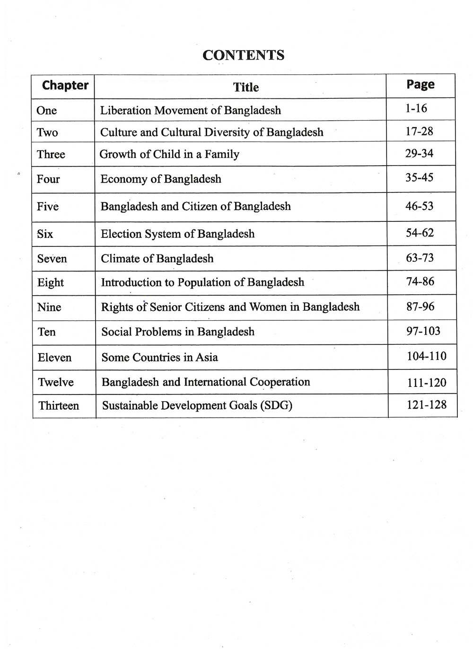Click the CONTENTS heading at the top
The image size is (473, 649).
click(243, 55)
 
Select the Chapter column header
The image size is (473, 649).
click(65, 86)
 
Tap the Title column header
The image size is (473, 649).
click(246, 87)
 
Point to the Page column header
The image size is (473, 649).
click(420, 85)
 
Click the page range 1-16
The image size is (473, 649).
click(416, 109)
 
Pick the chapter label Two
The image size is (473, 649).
click(47, 132)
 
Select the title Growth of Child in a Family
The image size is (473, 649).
click(169, 154)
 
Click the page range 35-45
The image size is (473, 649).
click(419, 178)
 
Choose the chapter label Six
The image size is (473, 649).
click(45, 234)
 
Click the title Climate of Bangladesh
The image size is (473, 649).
click(157, 259)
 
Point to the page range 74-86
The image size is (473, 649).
click(420, 282)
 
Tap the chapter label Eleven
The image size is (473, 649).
click(54, 358)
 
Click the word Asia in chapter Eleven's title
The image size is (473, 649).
click(207, 357)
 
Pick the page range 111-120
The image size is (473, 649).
click(426, 383)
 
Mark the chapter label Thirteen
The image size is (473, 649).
click(59, 406)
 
